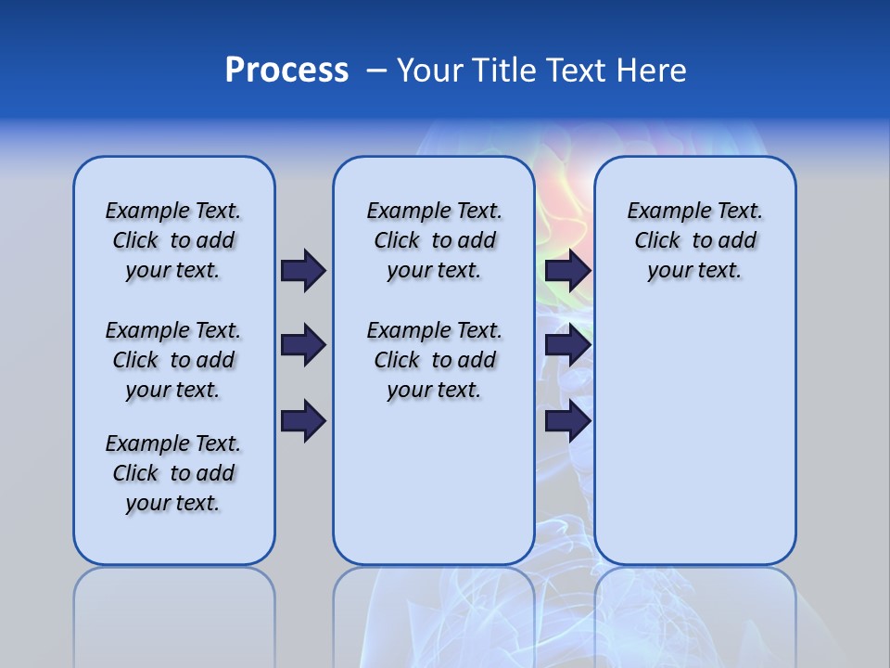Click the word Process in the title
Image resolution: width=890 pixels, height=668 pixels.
click(x=286, y=71)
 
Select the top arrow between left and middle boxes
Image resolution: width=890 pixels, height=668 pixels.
click(x=303, y=270)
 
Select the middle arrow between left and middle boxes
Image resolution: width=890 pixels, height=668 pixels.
click(x=303, y=345)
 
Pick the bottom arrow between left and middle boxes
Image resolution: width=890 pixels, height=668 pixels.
click(x=303, y=421)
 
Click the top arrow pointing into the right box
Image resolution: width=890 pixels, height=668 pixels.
click(x=568, y=270)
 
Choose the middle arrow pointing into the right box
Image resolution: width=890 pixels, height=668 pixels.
click(x=568, y=345)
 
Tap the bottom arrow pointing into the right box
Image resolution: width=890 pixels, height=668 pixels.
click(x=568, y=421)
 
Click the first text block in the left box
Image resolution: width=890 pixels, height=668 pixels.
click(x=173, y=240)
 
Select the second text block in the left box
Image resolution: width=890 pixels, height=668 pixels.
click(x=173, y=360)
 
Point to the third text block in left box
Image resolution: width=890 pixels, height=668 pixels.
click(x=173, y=473)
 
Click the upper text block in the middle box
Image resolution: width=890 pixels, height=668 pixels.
click(x=434, y=240)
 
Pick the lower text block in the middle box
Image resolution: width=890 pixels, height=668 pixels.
click(x=434, y=360)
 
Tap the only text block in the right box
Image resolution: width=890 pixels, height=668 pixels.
click(x=694, y=240)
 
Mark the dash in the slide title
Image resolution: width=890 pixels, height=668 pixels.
click(x=377, y=71)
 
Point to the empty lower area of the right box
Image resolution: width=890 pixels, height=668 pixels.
click(x=694, y=436)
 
